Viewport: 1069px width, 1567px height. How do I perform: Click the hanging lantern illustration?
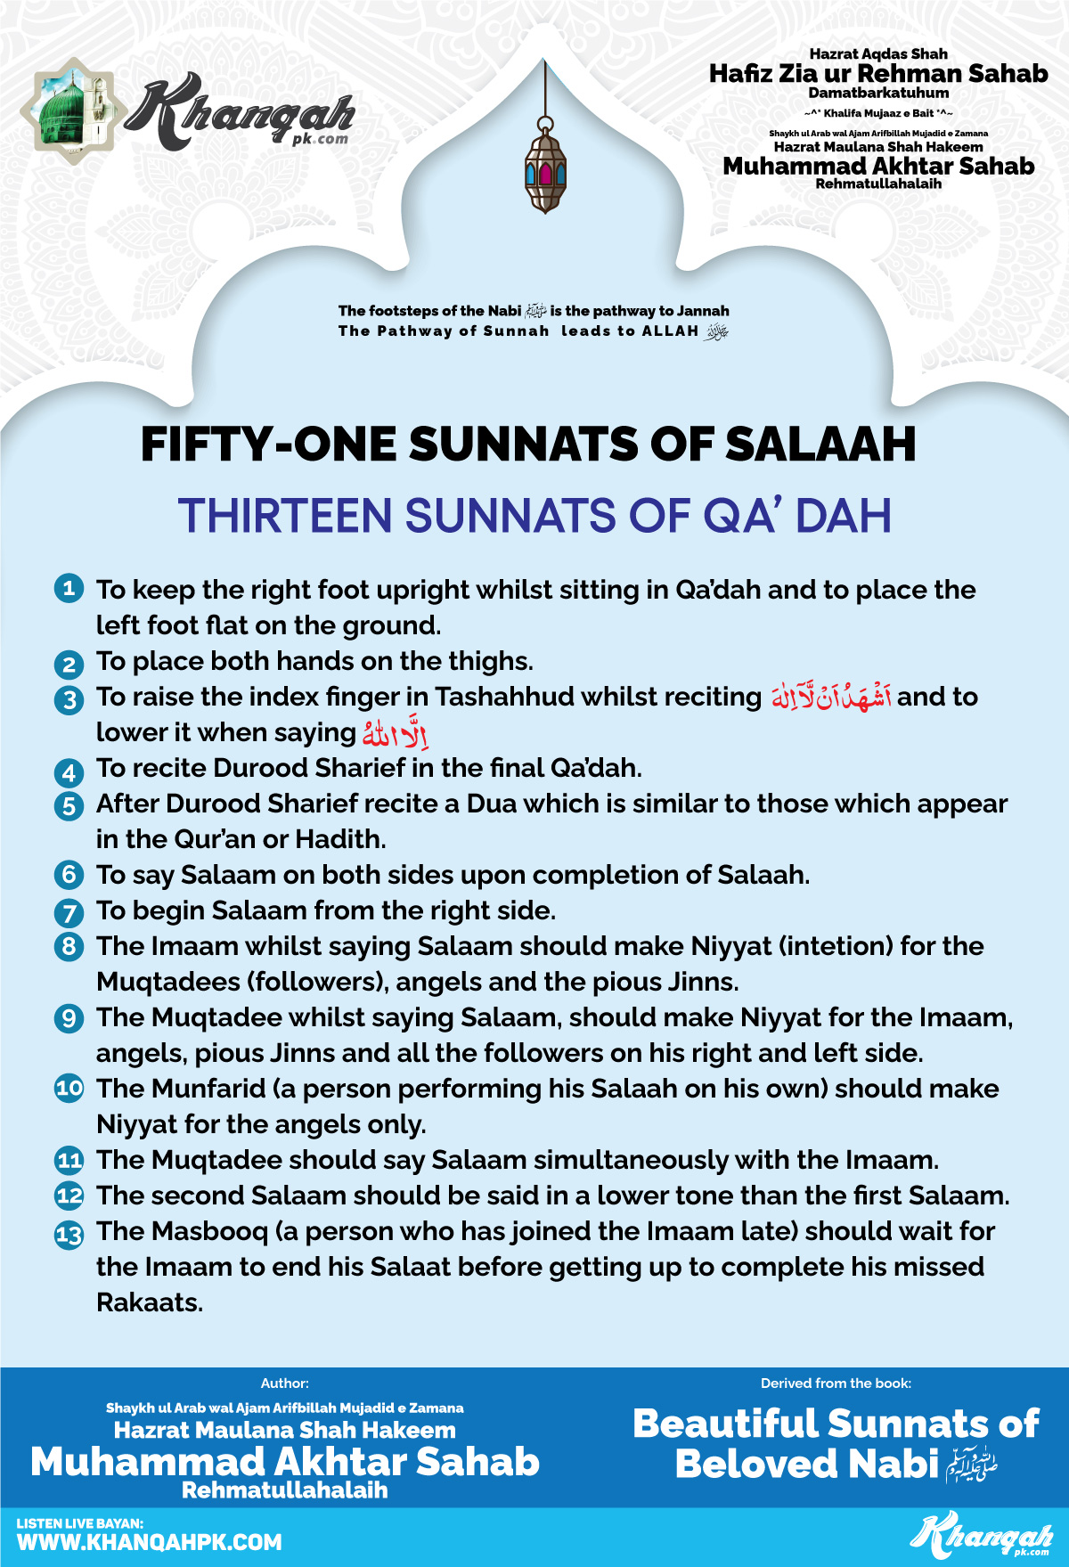click(x=545, y=169)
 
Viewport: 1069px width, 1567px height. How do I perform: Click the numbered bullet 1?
click(x=69, y=588)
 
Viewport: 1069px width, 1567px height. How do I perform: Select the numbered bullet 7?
click(x=69, y=912)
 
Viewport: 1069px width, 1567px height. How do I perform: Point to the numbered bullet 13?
click(x=69, y=1234)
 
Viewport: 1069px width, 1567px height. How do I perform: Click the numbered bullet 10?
click(x=69, y=1089)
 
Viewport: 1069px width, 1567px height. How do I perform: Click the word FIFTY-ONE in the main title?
click(x=268, y=445)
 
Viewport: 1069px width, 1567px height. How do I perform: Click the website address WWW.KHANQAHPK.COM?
click(x=149, y=1542)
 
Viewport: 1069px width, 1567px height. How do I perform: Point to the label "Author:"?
click(x=284, y=1383)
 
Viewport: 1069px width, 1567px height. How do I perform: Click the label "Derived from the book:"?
click(x=836, y=1383)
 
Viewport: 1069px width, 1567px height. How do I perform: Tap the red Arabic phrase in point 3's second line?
click(x=396, y=733)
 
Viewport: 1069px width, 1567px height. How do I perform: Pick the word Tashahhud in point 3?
click(x=504, y=697)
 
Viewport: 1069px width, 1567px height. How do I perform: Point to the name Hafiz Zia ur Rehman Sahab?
click(x=878, y=73)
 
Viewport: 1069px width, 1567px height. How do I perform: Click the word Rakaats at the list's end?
click(x=149, y=1302)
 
